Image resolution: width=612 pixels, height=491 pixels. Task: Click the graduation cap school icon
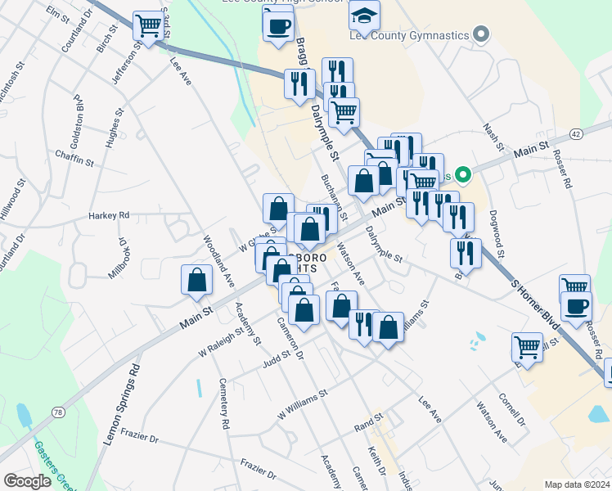pos(364,15)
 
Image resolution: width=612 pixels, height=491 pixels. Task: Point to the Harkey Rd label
pos(110,215)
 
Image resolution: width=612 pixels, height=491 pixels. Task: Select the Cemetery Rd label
pos(223,404)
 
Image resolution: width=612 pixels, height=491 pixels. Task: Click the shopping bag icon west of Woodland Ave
pos(197,280)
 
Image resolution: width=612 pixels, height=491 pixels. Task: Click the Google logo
pos(27,481)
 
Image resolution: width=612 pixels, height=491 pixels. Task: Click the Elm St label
pos(58,15)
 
